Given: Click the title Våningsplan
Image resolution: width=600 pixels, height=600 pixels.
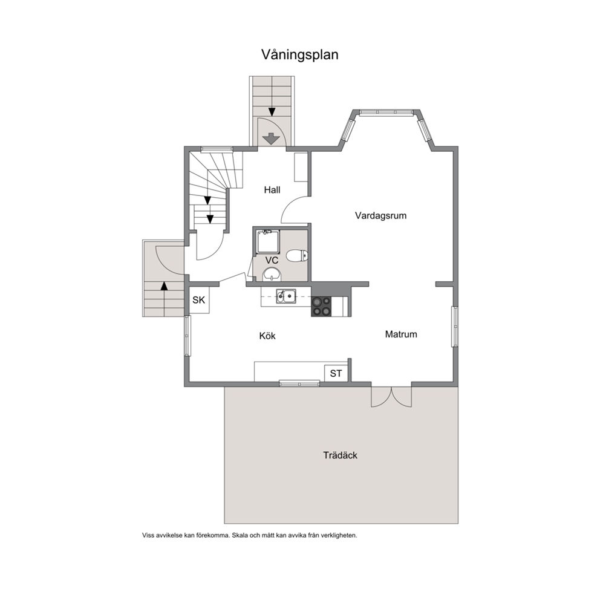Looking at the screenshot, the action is click(299, 54).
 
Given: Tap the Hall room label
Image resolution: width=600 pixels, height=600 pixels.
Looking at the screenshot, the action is click(272, 190).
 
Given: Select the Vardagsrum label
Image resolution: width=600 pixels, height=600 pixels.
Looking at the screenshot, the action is click(380, 215).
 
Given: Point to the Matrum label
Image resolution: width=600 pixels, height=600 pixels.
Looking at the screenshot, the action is click(401, 334).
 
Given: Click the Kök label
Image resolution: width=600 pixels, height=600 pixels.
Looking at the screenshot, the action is click(267, 336).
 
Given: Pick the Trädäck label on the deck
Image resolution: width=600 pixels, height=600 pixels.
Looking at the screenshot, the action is click(340, 455).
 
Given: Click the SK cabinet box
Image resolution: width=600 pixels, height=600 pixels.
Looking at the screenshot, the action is click(199, 300).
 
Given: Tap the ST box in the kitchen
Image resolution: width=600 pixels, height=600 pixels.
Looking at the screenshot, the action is click(336, 373).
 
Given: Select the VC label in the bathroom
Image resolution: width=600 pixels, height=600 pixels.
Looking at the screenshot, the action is click(272, 261).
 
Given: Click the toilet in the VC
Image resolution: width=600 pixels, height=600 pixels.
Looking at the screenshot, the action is click(297, 255).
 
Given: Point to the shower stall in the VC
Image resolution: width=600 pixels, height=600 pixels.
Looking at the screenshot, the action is click(268, 241).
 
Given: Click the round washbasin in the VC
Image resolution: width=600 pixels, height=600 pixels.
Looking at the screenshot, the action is click(272, 275).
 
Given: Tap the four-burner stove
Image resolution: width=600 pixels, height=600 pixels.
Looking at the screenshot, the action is click(321, 307).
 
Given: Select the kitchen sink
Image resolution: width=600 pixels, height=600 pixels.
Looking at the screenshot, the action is click(286, 296).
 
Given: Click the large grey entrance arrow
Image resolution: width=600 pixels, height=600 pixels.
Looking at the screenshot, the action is click(272, 139).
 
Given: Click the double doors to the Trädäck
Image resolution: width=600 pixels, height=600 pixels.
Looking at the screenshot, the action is click(391, 396).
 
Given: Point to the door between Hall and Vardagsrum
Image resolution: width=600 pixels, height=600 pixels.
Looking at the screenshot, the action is click(295, 209).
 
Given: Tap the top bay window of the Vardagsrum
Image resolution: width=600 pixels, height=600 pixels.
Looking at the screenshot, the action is click(386, 112).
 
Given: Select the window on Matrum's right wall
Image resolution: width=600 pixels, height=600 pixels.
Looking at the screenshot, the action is click(455, 327).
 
